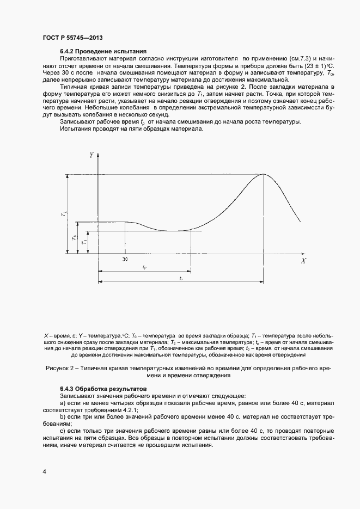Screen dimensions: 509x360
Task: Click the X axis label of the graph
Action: [303, 261]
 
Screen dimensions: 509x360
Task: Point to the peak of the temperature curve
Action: [264, 174]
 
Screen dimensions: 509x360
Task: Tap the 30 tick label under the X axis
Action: [125, 260]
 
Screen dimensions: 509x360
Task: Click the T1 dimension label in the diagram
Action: [83, 242]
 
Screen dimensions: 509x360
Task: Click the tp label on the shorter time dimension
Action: [144, 267]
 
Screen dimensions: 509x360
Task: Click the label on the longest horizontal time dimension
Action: [180, 278]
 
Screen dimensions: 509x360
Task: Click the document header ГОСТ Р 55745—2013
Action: [72, 38]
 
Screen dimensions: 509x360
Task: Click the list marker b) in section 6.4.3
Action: [64, 415]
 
